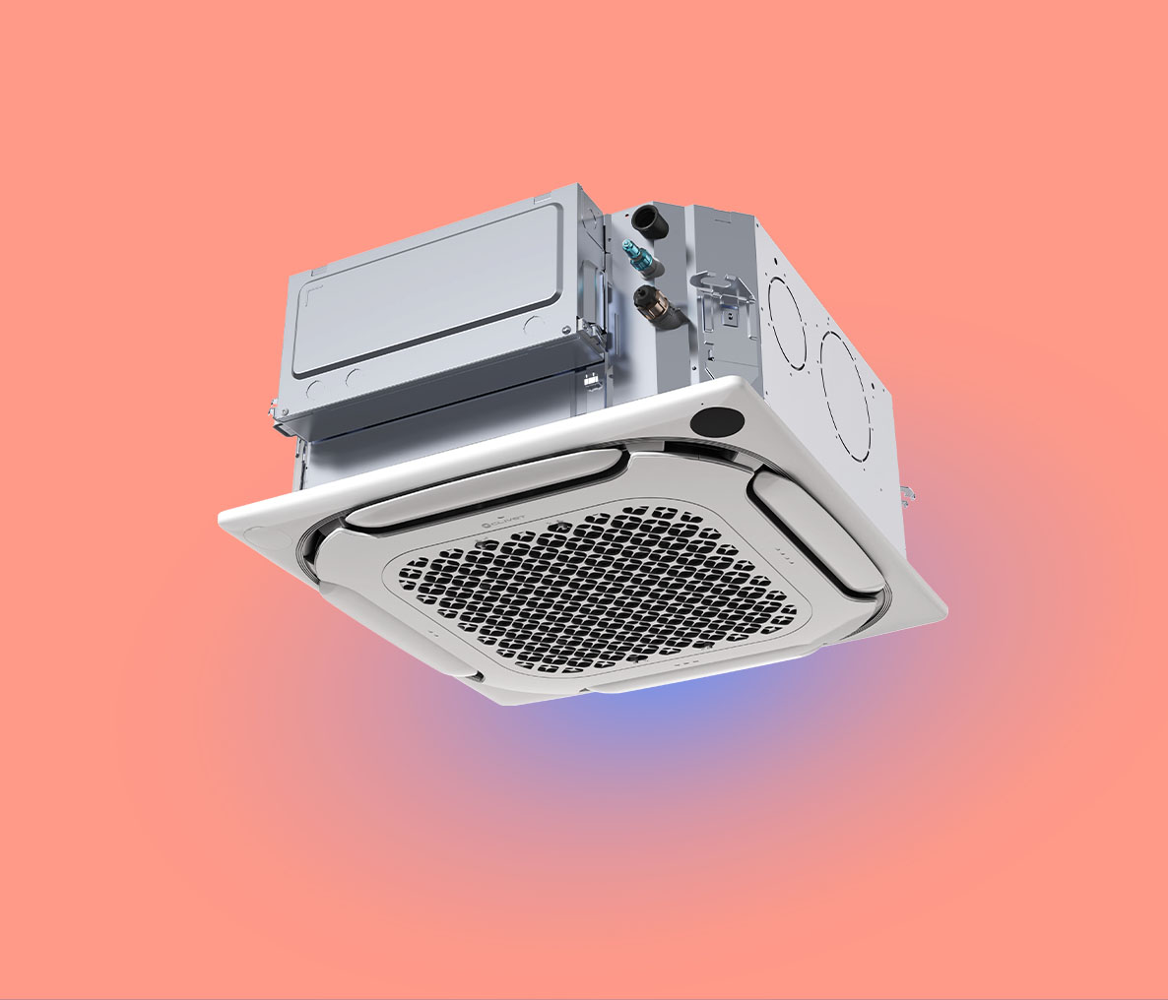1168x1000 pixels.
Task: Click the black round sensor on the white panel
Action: point(716,420)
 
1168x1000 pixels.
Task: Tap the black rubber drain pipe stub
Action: point(649,218)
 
